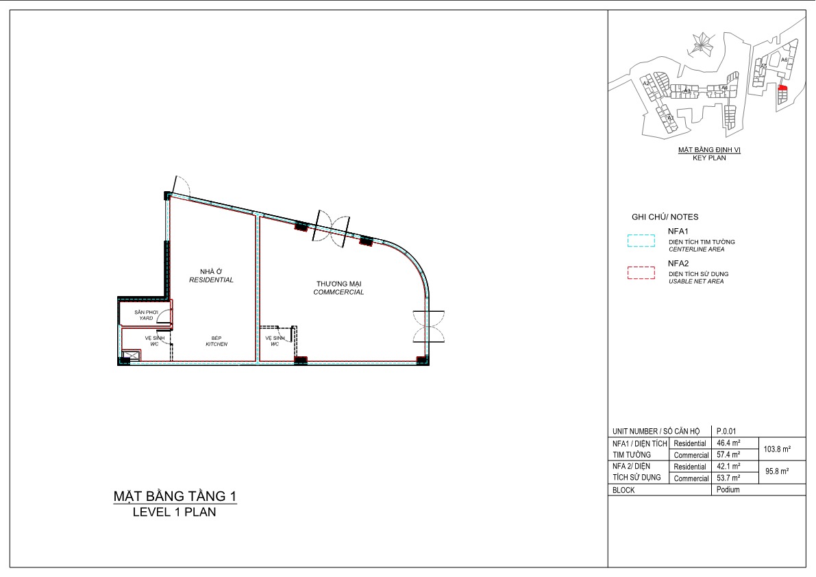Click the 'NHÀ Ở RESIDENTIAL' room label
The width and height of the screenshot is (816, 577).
(x=211, y=275)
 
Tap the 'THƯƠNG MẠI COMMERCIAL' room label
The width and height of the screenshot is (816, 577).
(x=338, y=287)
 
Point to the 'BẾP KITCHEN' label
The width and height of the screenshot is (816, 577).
(x=216, y=341)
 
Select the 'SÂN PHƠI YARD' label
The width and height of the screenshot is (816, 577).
(x=147, y=315)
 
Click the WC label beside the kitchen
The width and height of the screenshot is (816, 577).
(x=154, y=341)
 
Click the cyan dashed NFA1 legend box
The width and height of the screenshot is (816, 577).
(x=641, y=241)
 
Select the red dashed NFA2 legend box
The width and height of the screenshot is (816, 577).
(x=641, y=273)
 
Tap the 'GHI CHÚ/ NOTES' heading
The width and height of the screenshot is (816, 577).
(x=665, y=217)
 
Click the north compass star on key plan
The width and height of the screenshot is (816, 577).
(x=702, y=43)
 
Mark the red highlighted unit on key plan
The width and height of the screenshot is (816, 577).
(x=783, y=88)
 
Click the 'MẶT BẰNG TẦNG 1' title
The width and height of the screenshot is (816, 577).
(x=175, y=495)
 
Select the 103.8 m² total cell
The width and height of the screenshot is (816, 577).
(x=776, y=449)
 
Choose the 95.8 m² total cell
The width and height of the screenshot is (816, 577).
(x=776, y=471)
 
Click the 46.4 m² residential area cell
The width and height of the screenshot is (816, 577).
(x=729, y=443)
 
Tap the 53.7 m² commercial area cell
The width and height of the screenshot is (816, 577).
(x=729, y=478)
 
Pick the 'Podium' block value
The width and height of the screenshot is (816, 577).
(x=728, y=489)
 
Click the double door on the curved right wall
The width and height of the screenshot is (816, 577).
(x=429, y=326)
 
